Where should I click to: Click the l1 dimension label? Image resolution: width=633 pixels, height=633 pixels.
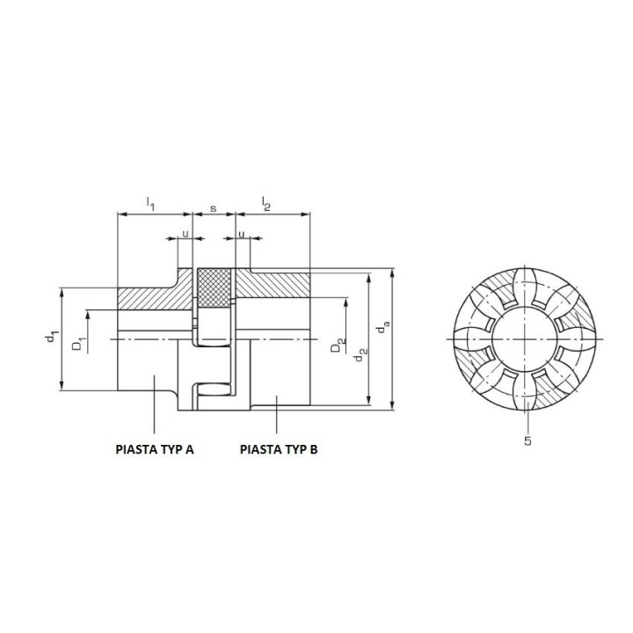click(x=150, y=203)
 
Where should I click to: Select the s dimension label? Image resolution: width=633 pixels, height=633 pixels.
click(x=214, y=208)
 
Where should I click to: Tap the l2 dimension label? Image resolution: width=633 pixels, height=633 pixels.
click(x=266, y=203)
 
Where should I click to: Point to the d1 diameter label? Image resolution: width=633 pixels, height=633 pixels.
click(x=53, y=337)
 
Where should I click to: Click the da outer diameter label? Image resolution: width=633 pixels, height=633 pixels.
click(x=383, y=327)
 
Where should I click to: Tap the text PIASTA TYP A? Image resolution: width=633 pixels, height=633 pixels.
click(x=155, y=449)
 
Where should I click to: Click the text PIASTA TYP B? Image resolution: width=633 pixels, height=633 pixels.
click(x=279, y=449)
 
